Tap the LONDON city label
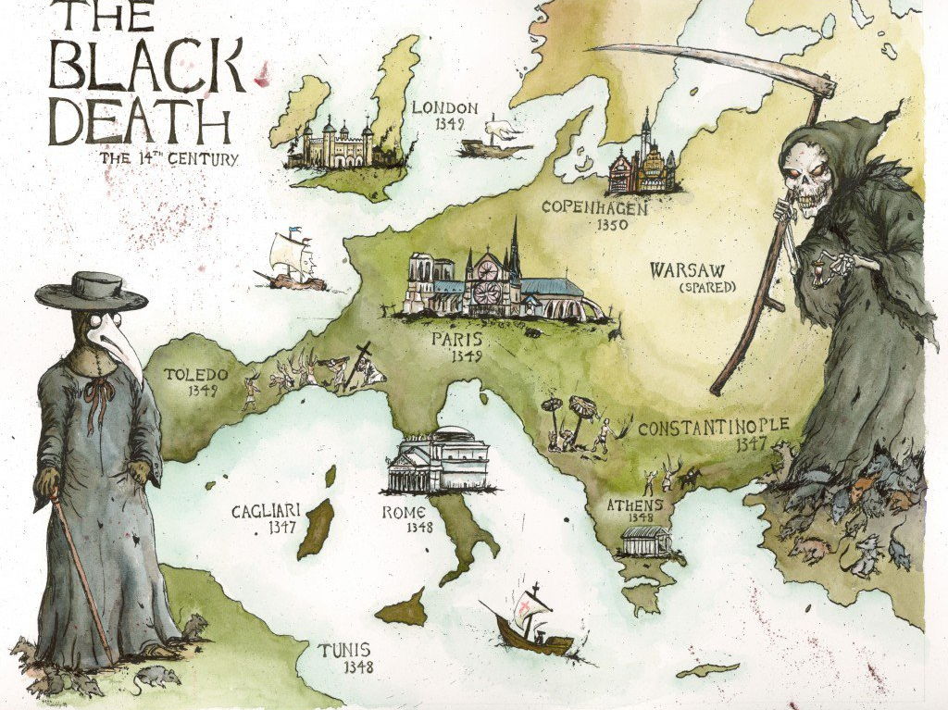[x=444, y=108]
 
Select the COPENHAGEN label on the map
[x=594, y=206]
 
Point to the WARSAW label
[x=686, y=270]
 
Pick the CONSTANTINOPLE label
[x=713, y=428]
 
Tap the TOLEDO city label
[x=195, y=375]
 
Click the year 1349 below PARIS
[x=468, y=355]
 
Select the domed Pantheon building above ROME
[x=439, y=460]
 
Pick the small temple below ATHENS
[x=647, y=541]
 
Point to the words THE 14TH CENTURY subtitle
[x=169, y=158]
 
